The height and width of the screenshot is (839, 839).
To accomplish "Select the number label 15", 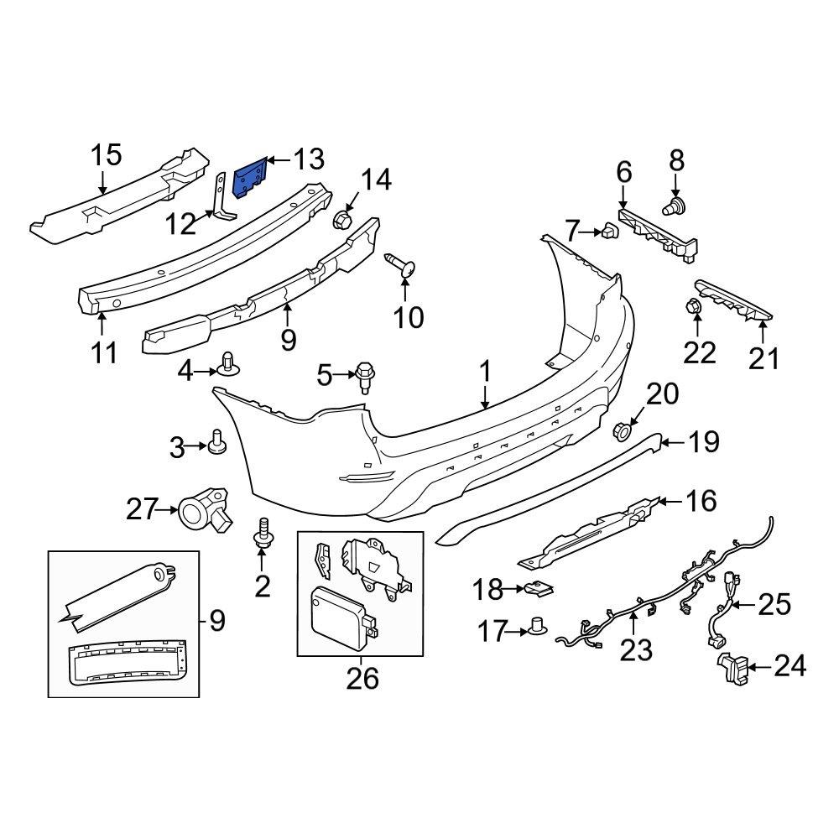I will coord(107,155).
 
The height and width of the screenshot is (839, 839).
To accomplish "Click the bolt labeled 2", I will coord(263,534).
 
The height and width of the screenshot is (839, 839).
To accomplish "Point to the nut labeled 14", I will coord(342,221).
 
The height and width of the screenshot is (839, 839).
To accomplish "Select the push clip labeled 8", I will coord(674,205).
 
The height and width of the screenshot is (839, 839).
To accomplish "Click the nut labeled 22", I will coord(694,308).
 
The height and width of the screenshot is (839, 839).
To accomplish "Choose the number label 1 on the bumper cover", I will coord(484,370).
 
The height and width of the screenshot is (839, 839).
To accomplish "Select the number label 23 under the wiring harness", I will coord(636,649).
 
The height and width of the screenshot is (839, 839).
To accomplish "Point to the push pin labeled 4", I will coord(227,363).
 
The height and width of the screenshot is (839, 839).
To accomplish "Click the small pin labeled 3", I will coord(218,441).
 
